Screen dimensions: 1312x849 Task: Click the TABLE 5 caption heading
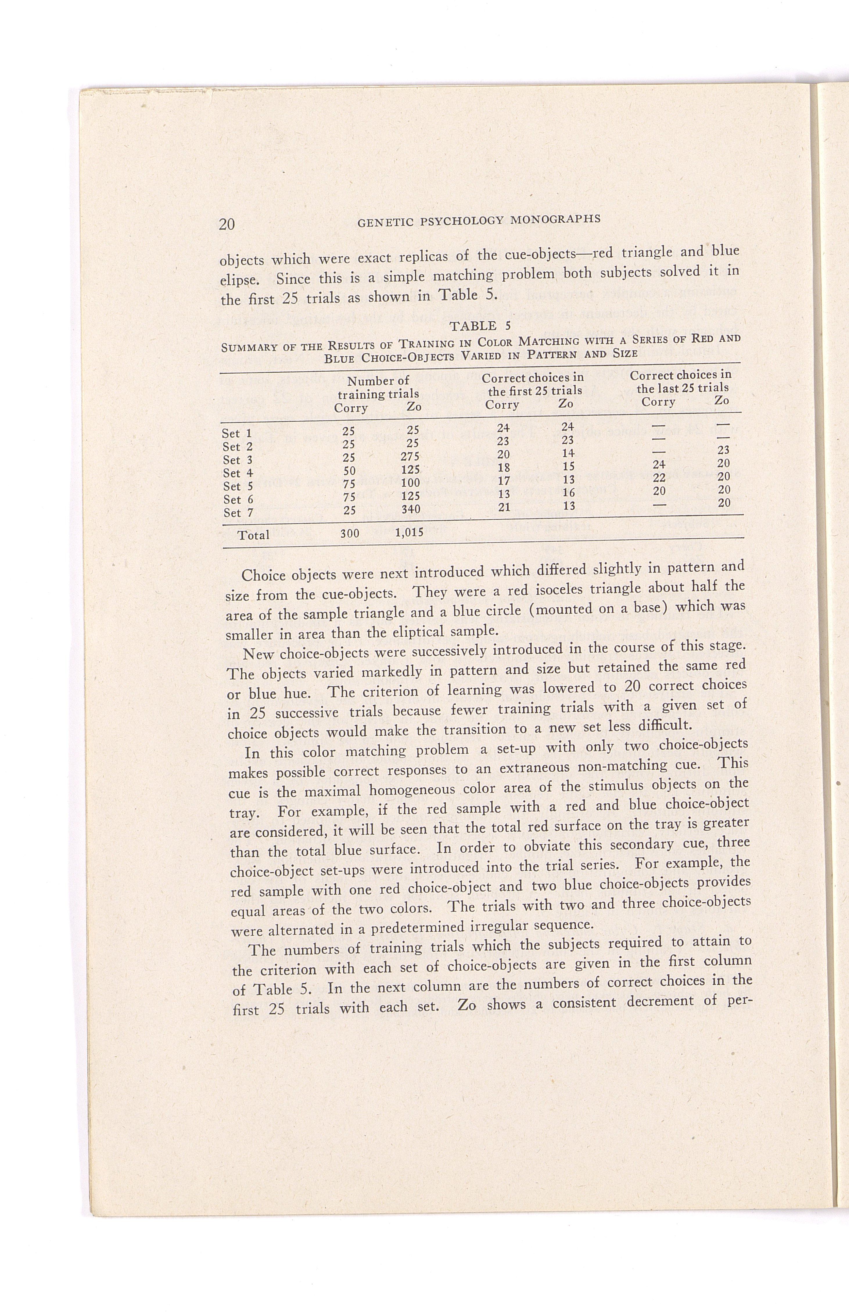pyautogui.click(x=480, y=326)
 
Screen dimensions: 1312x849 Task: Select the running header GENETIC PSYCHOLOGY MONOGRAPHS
pyautogui.click(x=479, y=220)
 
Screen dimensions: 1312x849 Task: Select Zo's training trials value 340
pyautogui.click(x=411, y=509)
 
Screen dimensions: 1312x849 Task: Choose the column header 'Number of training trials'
pyautogui.click(x=378, y=387)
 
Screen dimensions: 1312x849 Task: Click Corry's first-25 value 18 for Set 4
pyautogui.click(x=503, y=468)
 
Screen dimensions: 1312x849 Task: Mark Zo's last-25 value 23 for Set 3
pyautogui.click(x=723, y=450)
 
